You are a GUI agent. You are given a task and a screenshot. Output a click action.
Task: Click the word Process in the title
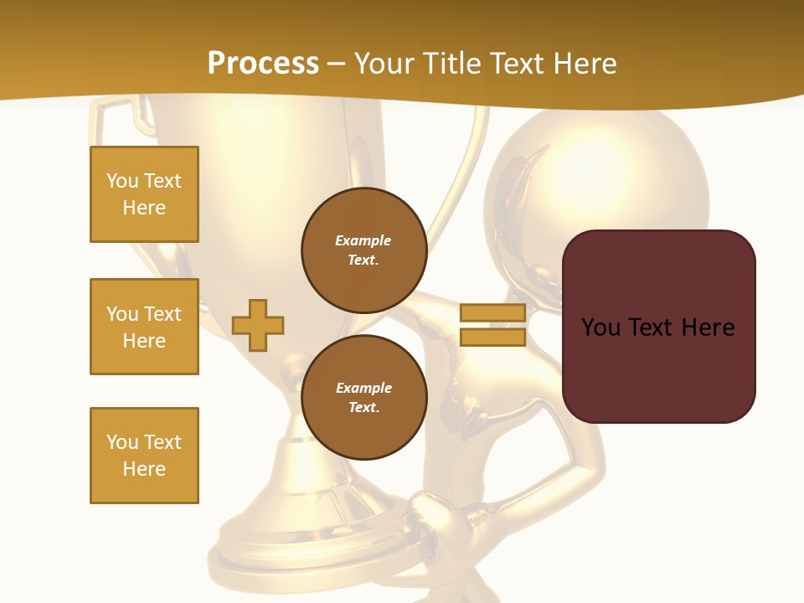(263, 64)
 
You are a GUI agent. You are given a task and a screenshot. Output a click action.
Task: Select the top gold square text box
(144, 194)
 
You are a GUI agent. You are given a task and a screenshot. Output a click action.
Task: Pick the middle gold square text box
(144, 327)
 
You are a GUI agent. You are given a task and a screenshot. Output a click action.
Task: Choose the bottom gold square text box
(144, 456)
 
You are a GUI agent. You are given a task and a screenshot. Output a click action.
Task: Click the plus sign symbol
(258, 325)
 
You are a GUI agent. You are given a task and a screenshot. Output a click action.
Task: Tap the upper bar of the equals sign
(492, 312)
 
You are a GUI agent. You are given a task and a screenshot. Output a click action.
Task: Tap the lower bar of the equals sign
(492, 337)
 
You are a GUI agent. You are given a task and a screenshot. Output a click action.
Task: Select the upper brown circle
(364, 250)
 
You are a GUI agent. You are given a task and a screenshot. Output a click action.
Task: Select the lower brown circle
(364, 398)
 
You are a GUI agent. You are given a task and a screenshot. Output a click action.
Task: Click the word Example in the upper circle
(363, 240)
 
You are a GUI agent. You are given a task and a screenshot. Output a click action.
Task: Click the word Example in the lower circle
(363, 388)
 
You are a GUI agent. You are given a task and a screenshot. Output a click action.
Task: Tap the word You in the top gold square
(122, 181)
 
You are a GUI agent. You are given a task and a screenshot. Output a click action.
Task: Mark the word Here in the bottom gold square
(144, 469)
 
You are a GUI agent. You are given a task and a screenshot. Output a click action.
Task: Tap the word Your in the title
(382, 64)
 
